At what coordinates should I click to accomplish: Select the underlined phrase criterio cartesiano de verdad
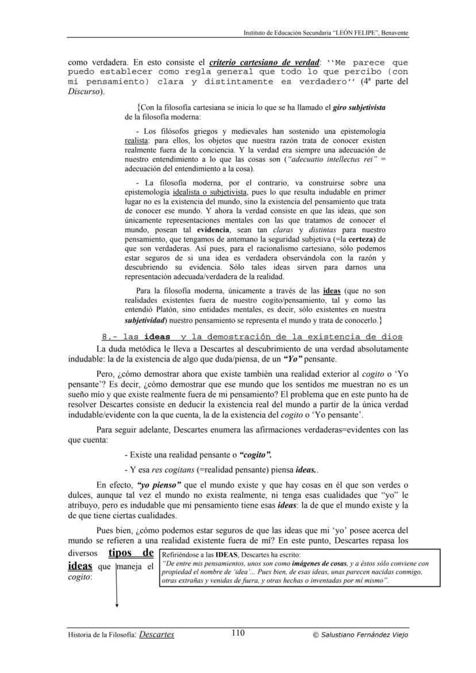coord(264,62)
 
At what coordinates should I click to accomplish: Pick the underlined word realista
coord(136,140)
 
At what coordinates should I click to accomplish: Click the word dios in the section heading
coord(391,337)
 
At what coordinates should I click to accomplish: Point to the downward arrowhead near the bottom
coord(117,605)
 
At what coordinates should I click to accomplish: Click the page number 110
coord(237,633)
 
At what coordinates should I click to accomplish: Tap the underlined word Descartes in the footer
coord(156,634)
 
